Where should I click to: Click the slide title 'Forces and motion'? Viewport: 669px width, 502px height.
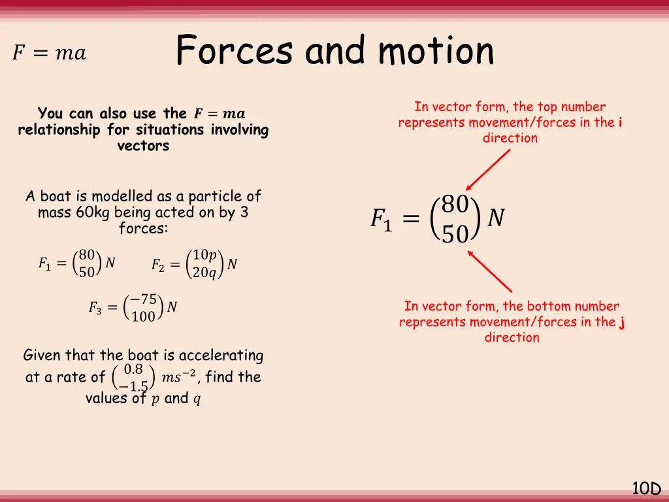coord(334,51)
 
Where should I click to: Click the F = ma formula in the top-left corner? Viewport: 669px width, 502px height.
coord(49,53)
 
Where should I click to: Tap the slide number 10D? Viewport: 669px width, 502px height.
coord(646,488)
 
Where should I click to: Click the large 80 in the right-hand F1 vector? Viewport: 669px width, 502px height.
coord(455,205)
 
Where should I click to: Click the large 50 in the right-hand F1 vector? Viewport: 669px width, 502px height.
coord(455,233)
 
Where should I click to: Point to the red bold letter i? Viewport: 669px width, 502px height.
coord(619,122)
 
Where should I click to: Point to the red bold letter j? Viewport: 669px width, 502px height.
coord(622,322)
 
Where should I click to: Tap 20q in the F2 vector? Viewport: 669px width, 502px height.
coord(204,273)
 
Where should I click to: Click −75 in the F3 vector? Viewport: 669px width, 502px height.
coord(143,299)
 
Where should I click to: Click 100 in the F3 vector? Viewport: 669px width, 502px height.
coord(144,317)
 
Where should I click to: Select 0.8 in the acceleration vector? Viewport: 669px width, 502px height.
coord(134,369)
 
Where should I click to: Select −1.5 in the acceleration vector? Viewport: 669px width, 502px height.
coord(134,386)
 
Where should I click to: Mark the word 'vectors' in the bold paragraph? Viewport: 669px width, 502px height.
coord(143,146)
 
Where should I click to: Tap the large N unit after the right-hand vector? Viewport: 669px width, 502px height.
coord(497,218)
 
